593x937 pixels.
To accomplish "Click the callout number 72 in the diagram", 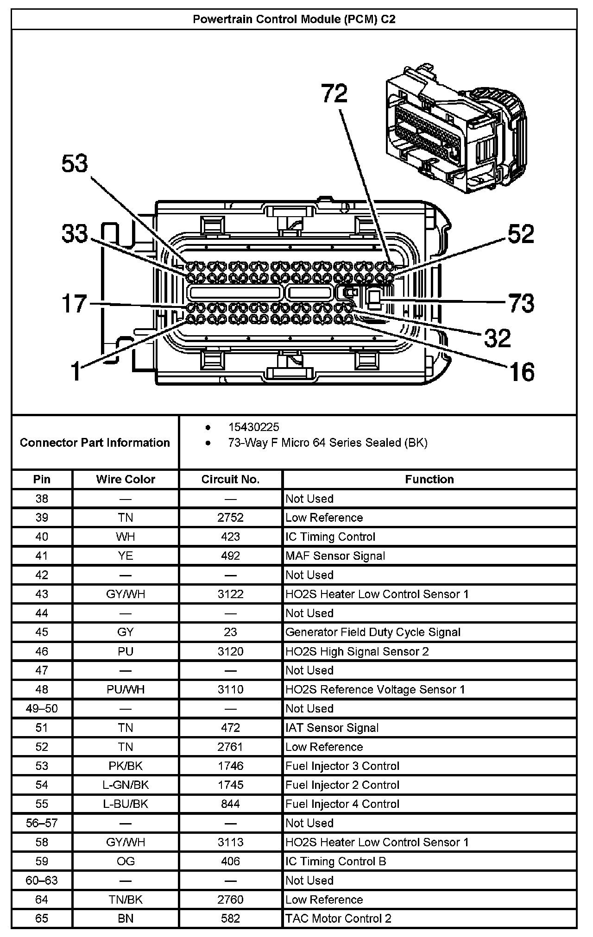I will coord(334,94).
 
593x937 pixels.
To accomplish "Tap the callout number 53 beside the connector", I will coord(75,164).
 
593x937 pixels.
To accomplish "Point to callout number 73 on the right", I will coord(521,303).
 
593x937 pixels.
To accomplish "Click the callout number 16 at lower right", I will coord(522,372).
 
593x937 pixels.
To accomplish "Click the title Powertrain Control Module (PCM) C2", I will coord(294,19).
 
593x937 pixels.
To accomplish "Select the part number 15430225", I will coord(253,427).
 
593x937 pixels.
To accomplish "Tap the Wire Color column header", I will coord(126,479).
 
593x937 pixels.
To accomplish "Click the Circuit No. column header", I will coord(230,479).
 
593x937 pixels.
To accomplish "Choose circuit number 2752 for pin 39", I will coord(230,518).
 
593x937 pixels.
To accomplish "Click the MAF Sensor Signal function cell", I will coord(335,556).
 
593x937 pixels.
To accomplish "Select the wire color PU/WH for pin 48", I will coord(126,689).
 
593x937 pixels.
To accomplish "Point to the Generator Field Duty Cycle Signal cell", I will coord(372,632).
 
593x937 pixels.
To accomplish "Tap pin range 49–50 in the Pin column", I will coord(42,708).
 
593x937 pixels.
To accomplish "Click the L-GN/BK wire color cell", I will coord(126,785).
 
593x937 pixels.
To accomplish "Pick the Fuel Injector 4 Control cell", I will coord(342,804).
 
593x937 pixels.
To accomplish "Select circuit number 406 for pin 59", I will coord(230,861).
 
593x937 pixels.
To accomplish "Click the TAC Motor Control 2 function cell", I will coord(338,918).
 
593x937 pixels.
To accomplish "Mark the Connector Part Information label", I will coord(95,443).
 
